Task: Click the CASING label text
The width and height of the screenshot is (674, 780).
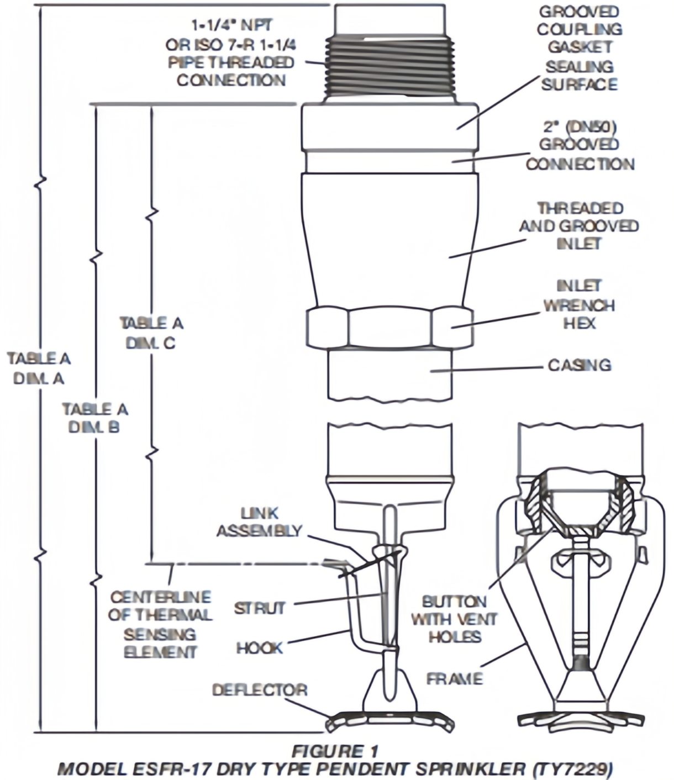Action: pos(580,365)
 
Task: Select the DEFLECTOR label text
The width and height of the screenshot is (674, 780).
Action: pos(260,690)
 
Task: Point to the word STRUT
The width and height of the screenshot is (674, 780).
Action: pos(260,608)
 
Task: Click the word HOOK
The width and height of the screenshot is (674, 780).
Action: pos(260,647)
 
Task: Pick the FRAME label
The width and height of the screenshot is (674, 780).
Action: pos(455,678)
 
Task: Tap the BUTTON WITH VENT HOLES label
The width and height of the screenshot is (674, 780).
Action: pos(454,619)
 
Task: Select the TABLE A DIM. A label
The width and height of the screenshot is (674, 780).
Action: pos(39,368)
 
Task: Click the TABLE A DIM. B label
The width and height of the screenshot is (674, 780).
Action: pos(94,418)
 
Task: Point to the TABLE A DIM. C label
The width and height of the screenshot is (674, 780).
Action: pos(151,333)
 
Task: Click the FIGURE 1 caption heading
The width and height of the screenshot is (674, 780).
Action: pos(335,751)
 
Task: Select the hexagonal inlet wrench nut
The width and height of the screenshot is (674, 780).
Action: pos(389,327)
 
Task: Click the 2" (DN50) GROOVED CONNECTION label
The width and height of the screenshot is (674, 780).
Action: pos(580,145)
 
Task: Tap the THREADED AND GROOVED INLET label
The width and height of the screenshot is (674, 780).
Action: pos(578,225)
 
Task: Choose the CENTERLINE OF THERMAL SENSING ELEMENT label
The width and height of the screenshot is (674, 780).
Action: pos(160,624)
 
